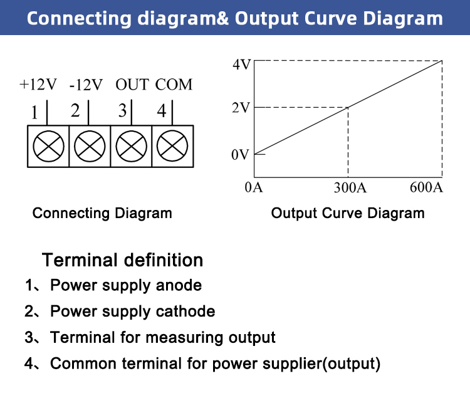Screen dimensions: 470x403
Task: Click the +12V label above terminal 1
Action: (x=38, y=85)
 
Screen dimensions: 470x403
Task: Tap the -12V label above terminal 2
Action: (x=86, y=85)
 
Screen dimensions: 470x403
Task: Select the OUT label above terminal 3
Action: (x=132, y=85)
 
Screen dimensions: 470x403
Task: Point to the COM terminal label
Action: (x=174, y=85)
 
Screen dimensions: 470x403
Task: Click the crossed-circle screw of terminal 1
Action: (x=48, y=146)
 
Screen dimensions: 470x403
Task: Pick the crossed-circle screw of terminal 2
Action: (x=90, y=146)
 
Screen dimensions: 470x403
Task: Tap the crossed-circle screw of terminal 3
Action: (x=132, y=146)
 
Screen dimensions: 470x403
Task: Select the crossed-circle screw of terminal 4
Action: (x=172, y=146)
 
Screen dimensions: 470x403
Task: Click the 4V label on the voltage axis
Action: (x=242, y=65)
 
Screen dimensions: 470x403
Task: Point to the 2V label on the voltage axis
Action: (x=241, y=108)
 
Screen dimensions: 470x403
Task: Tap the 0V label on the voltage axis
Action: (x=240, y=155)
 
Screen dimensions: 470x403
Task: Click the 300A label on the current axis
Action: (x=350, y=187)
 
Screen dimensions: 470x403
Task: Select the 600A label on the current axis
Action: (x=426, y=187)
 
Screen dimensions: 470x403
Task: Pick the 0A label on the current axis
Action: (x=254, y=187)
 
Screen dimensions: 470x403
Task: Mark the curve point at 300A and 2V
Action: (x=348, y=107)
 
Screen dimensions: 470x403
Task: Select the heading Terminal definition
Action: (x=123, y=259)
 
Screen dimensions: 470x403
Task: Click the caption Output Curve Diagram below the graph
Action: (x=348, y=214)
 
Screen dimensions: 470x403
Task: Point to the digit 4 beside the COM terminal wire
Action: (x=162, y=111)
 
